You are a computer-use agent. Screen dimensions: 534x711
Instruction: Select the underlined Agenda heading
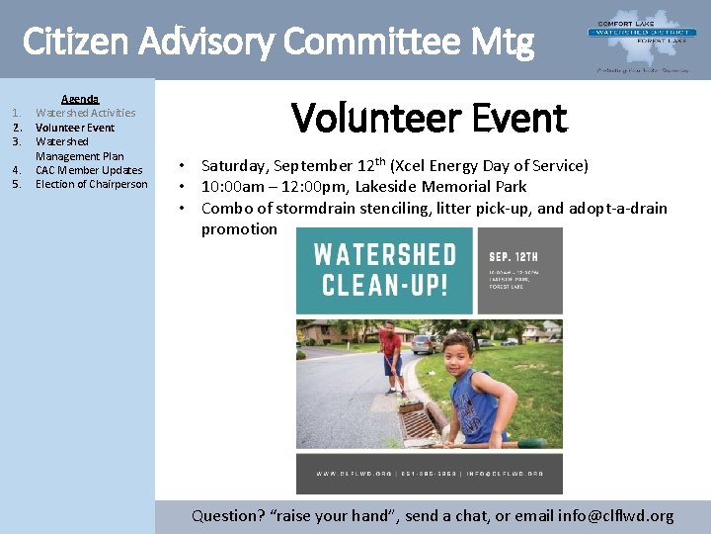click(x=80, y=99)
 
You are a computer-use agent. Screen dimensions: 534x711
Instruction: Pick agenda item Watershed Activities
click(x=85, y=113)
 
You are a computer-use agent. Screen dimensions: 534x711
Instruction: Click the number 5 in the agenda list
click(x=17, y=184)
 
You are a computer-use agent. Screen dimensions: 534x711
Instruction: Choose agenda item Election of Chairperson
click(x=91, y=184)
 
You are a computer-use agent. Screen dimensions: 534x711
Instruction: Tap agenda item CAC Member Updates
click(x=89, y=170)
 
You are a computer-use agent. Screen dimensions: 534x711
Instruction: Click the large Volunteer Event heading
click(x=429, y=119)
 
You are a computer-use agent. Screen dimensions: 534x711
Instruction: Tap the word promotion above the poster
click(x=239, y=228)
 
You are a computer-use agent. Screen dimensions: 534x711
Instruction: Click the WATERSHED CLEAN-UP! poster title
click(x=384, y=270)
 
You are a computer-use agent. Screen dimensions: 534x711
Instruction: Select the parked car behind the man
click(x=424, y=343)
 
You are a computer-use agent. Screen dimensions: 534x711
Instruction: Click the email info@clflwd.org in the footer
click(x=615, y=515)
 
